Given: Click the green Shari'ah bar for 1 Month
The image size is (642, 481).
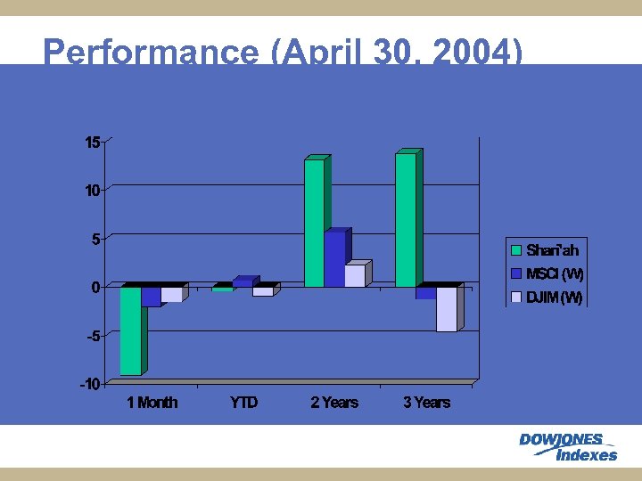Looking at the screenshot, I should (130, 330).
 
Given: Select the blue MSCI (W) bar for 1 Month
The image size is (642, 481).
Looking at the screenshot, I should (151, 297).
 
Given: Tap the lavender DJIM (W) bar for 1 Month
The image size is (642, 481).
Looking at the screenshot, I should (171, 295).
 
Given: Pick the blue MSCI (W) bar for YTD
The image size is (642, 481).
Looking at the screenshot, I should (243, 283).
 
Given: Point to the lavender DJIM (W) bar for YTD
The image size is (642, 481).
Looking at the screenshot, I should (263, 291).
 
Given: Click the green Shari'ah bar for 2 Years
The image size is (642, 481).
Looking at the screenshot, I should (314, 224).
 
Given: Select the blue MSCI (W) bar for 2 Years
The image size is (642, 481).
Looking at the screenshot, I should (334, 259).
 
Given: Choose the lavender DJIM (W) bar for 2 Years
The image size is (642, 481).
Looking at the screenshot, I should (355, 276).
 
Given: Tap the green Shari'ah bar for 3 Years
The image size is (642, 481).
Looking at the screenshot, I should (406, 220).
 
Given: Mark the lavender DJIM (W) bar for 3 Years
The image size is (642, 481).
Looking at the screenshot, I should (447, 309).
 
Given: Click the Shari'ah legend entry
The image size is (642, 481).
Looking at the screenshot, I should (545, 250).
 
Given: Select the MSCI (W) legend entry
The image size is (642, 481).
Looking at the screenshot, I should (547, 273).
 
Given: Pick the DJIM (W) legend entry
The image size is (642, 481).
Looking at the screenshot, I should (547, 298).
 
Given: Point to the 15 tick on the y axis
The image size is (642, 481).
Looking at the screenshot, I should (93, 143).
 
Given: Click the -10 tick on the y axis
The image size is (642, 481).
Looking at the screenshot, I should (90, 385).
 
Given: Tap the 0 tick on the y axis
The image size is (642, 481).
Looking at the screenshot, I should (95, 288).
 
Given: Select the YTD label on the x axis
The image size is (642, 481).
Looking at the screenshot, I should (243, 403).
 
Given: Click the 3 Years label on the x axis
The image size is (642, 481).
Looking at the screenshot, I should (426, 403).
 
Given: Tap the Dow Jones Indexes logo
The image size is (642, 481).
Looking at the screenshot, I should (567, 446).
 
